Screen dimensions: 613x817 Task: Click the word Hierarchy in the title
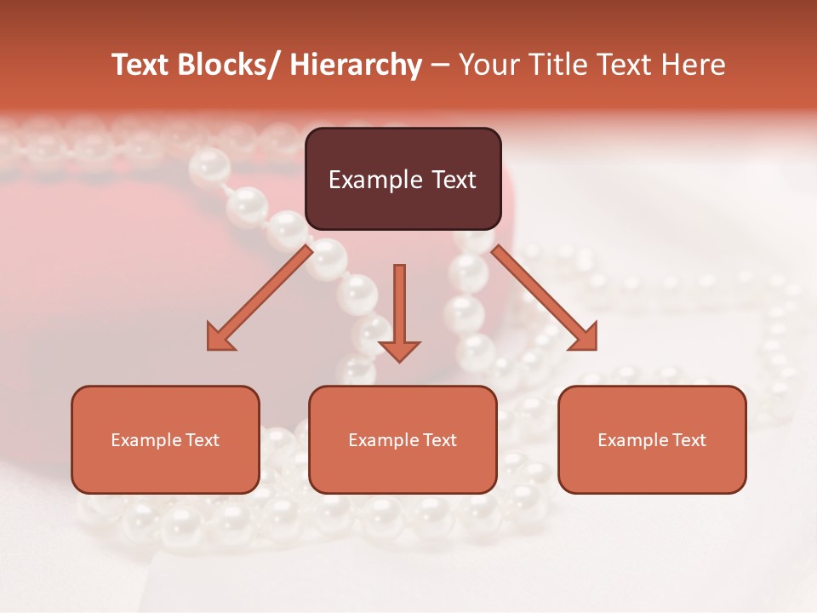tap(356, 65)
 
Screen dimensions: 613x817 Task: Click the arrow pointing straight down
tap(399, 306)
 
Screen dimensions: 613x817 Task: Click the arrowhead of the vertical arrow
tap(399, 350)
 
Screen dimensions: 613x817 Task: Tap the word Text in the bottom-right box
tap(688, 440)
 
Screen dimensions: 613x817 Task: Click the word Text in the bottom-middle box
tap(439, 440)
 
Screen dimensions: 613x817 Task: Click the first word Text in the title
tap(143, 65)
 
